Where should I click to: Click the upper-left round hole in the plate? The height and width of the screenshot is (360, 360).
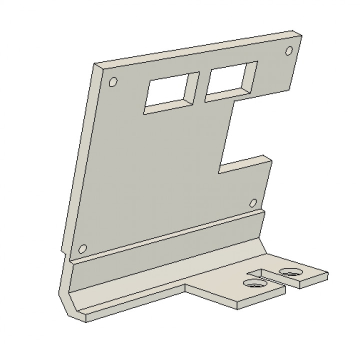click(x=113, y=81)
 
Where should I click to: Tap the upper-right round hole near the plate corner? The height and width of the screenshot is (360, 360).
click(x=289, y=50)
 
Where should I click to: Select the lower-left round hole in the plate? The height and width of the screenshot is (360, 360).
click(x=83, y=248)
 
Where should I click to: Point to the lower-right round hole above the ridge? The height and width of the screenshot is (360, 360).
click(x=253, y=202)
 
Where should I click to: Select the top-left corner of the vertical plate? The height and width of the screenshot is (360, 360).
click(x=95, y=64)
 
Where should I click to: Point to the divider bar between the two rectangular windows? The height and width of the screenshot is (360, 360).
click(x=201, y=86)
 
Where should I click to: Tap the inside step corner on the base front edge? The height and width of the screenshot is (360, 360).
click(x=185, y=286)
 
